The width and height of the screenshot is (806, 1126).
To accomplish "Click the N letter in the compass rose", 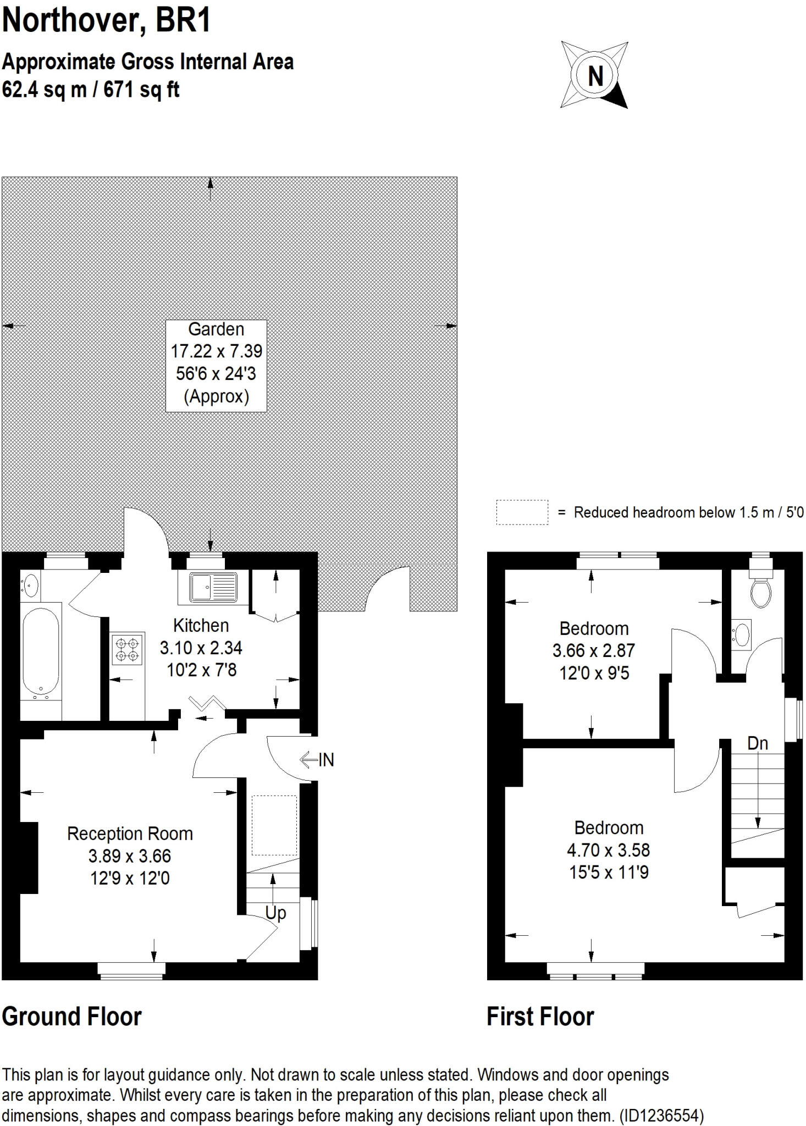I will (595, 75).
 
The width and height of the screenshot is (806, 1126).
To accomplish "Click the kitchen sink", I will (213, 587).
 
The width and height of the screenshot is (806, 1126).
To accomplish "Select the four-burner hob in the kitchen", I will (128, 649).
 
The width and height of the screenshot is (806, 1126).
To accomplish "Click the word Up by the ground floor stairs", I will (275, 913).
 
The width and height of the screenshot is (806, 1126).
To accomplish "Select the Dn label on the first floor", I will (757, 743).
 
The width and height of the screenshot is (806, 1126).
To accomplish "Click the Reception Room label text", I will (130, 834).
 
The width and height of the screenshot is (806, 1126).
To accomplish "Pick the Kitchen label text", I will (201, 626).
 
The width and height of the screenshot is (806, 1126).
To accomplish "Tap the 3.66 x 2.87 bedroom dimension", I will (593, 651).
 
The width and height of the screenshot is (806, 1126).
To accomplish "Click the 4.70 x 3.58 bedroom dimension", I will (608, 851).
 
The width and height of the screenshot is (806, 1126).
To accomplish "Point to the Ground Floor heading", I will (72, 1017).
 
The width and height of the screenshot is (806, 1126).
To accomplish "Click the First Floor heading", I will (540, 1017).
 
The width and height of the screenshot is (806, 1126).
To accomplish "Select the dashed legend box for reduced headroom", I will (522, 512).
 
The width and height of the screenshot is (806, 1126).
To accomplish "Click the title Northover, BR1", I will (107, 22).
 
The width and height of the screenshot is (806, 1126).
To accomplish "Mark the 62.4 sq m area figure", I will (44, 89).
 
